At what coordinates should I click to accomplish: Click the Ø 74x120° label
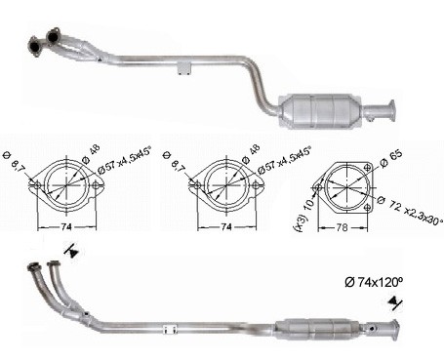(x=374, y=282)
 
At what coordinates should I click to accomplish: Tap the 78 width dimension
(x=342, y=227)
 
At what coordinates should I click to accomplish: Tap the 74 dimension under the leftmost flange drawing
(x=66, y=227)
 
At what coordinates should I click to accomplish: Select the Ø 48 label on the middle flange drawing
(x=251, y=153)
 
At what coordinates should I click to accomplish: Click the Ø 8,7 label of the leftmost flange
(x=17, y=162)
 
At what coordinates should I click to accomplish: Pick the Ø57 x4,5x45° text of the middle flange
(x=284, y=160)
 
